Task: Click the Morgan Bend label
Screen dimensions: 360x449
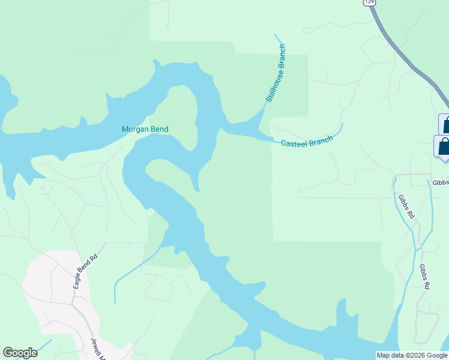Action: (x=145, y=129)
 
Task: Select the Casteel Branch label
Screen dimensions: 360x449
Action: (x=307, y=142)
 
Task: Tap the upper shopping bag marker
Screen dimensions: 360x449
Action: (x=445, y=125)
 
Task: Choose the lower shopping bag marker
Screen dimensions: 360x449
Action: (x=443, y=146)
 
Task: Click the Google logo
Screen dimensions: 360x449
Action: (x=20, y=353)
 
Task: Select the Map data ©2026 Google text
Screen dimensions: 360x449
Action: (x=412, y=355)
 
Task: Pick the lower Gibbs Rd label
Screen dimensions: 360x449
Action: (x=424, y=277)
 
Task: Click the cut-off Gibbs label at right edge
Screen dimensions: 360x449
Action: (x=440, y=182)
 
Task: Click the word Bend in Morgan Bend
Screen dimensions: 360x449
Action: (x=159, y=129)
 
